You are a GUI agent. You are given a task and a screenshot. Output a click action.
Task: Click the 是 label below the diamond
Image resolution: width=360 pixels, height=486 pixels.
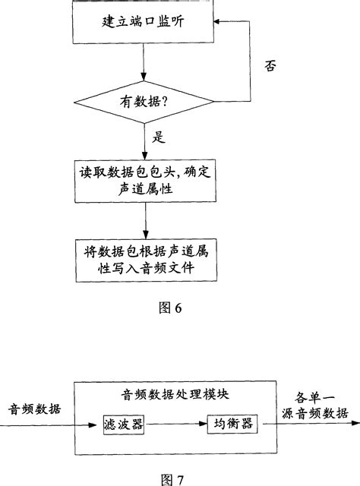click(x=159, y=138)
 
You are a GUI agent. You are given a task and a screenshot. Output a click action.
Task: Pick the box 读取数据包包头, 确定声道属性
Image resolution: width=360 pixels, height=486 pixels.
click(x=144, y=181)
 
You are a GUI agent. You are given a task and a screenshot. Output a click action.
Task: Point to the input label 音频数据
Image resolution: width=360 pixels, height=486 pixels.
click(x=33, y=409)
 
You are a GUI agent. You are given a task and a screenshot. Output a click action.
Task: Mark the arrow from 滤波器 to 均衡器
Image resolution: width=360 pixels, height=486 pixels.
click(x=176, y=424)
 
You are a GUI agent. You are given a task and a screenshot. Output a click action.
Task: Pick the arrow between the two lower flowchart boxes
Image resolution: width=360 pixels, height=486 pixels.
click(x=144, y=221)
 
